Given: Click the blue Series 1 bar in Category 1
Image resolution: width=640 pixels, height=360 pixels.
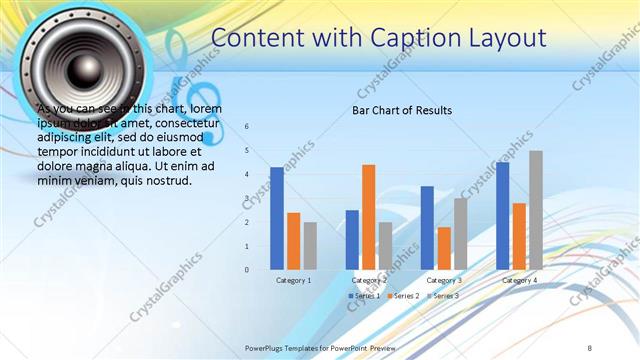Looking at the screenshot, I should pyautogui.click(x=277, y=218).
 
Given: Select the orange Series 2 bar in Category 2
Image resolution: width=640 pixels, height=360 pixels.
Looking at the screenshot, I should pyautogui.click(x=368, y=217).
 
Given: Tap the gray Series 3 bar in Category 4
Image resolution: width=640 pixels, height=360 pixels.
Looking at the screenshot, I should pyautogui.click(x=536, y=210).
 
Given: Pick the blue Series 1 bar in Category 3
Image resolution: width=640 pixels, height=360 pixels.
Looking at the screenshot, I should pyautogui.click(x=427, y=228).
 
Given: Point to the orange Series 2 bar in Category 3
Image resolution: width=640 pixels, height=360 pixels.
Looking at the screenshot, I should pyautogui.click(x=444, y=248).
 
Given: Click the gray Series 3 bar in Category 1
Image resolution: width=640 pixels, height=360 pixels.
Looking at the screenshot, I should pyautogui.click(x=310, y=246).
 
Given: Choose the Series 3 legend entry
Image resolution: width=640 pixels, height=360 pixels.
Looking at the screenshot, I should pyautogui.click(x=443, y=296).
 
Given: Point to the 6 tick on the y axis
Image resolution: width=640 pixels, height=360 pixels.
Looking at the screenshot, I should pyautogui.click(x=246, y=127).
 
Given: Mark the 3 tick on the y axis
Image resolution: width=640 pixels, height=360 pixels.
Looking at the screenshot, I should pyautogui.click(x=246, y=198).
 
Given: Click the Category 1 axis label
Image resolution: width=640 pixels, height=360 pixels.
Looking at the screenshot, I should pyautogui.click(x=294, y=281).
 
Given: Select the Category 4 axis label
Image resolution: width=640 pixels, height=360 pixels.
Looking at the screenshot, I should pyautogui.click(x=519, y=281).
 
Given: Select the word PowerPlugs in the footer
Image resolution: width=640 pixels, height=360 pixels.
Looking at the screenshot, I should pyautogui.click(x=266, y=346).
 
